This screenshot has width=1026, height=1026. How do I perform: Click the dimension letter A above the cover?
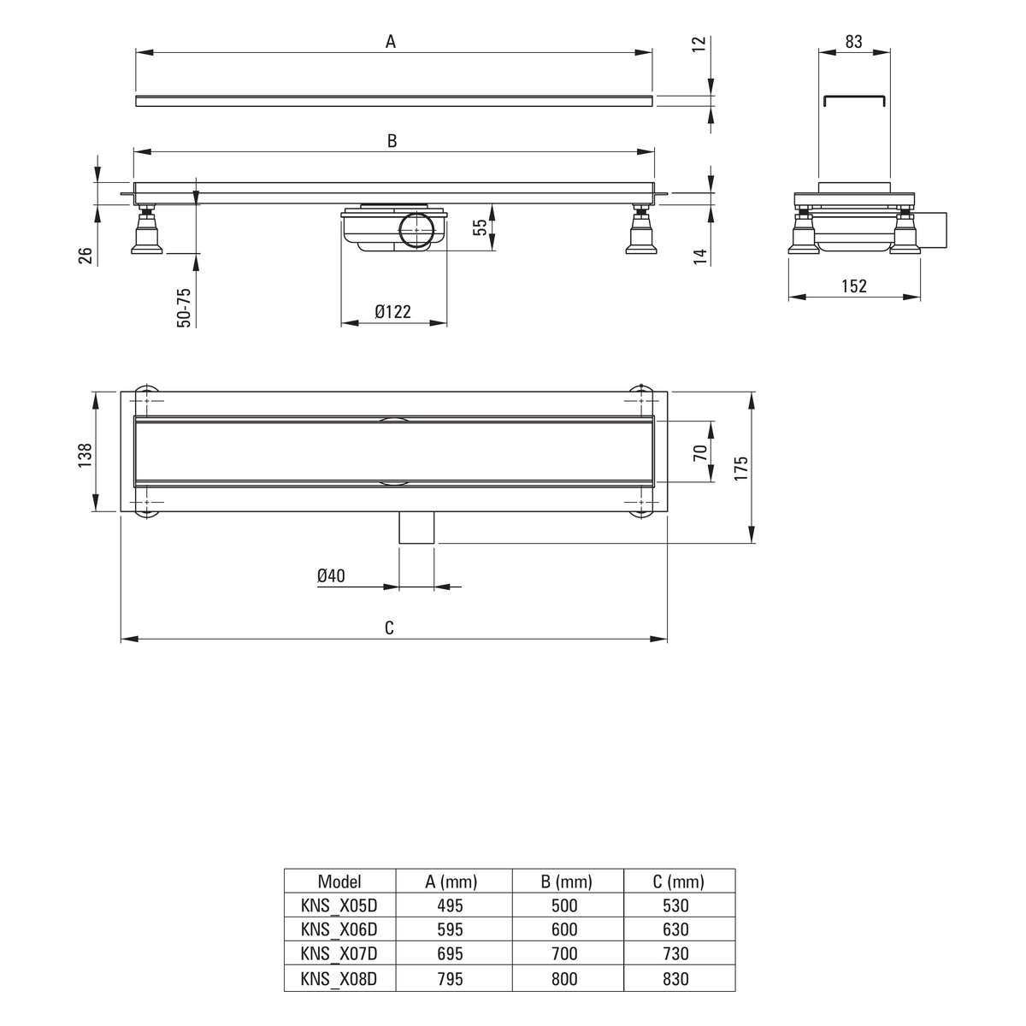tap(390, 42)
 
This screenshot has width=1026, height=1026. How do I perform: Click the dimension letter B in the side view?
tap(392, 141)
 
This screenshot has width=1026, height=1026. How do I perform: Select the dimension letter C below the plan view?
tap(389, 628)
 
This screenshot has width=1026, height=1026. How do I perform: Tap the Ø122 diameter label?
tap(393, 311)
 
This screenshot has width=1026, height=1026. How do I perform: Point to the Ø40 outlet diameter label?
tap(331, 575)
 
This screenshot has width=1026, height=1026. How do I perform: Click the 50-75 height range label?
tap(184, 308)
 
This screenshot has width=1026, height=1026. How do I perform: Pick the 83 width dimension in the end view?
tap(853, 42)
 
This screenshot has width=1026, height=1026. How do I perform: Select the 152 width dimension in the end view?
tap(854, 286)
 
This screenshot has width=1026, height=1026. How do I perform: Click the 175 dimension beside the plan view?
tap(740, 468)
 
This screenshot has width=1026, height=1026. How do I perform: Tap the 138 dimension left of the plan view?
tap(85, 455)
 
